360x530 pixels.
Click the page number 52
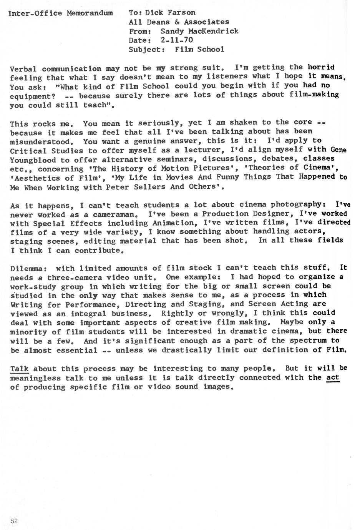[15, 521]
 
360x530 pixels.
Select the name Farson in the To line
[181, 13]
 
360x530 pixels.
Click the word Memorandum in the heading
[90, 13]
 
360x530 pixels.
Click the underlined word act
[333, 377]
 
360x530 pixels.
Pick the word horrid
[321, 67]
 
